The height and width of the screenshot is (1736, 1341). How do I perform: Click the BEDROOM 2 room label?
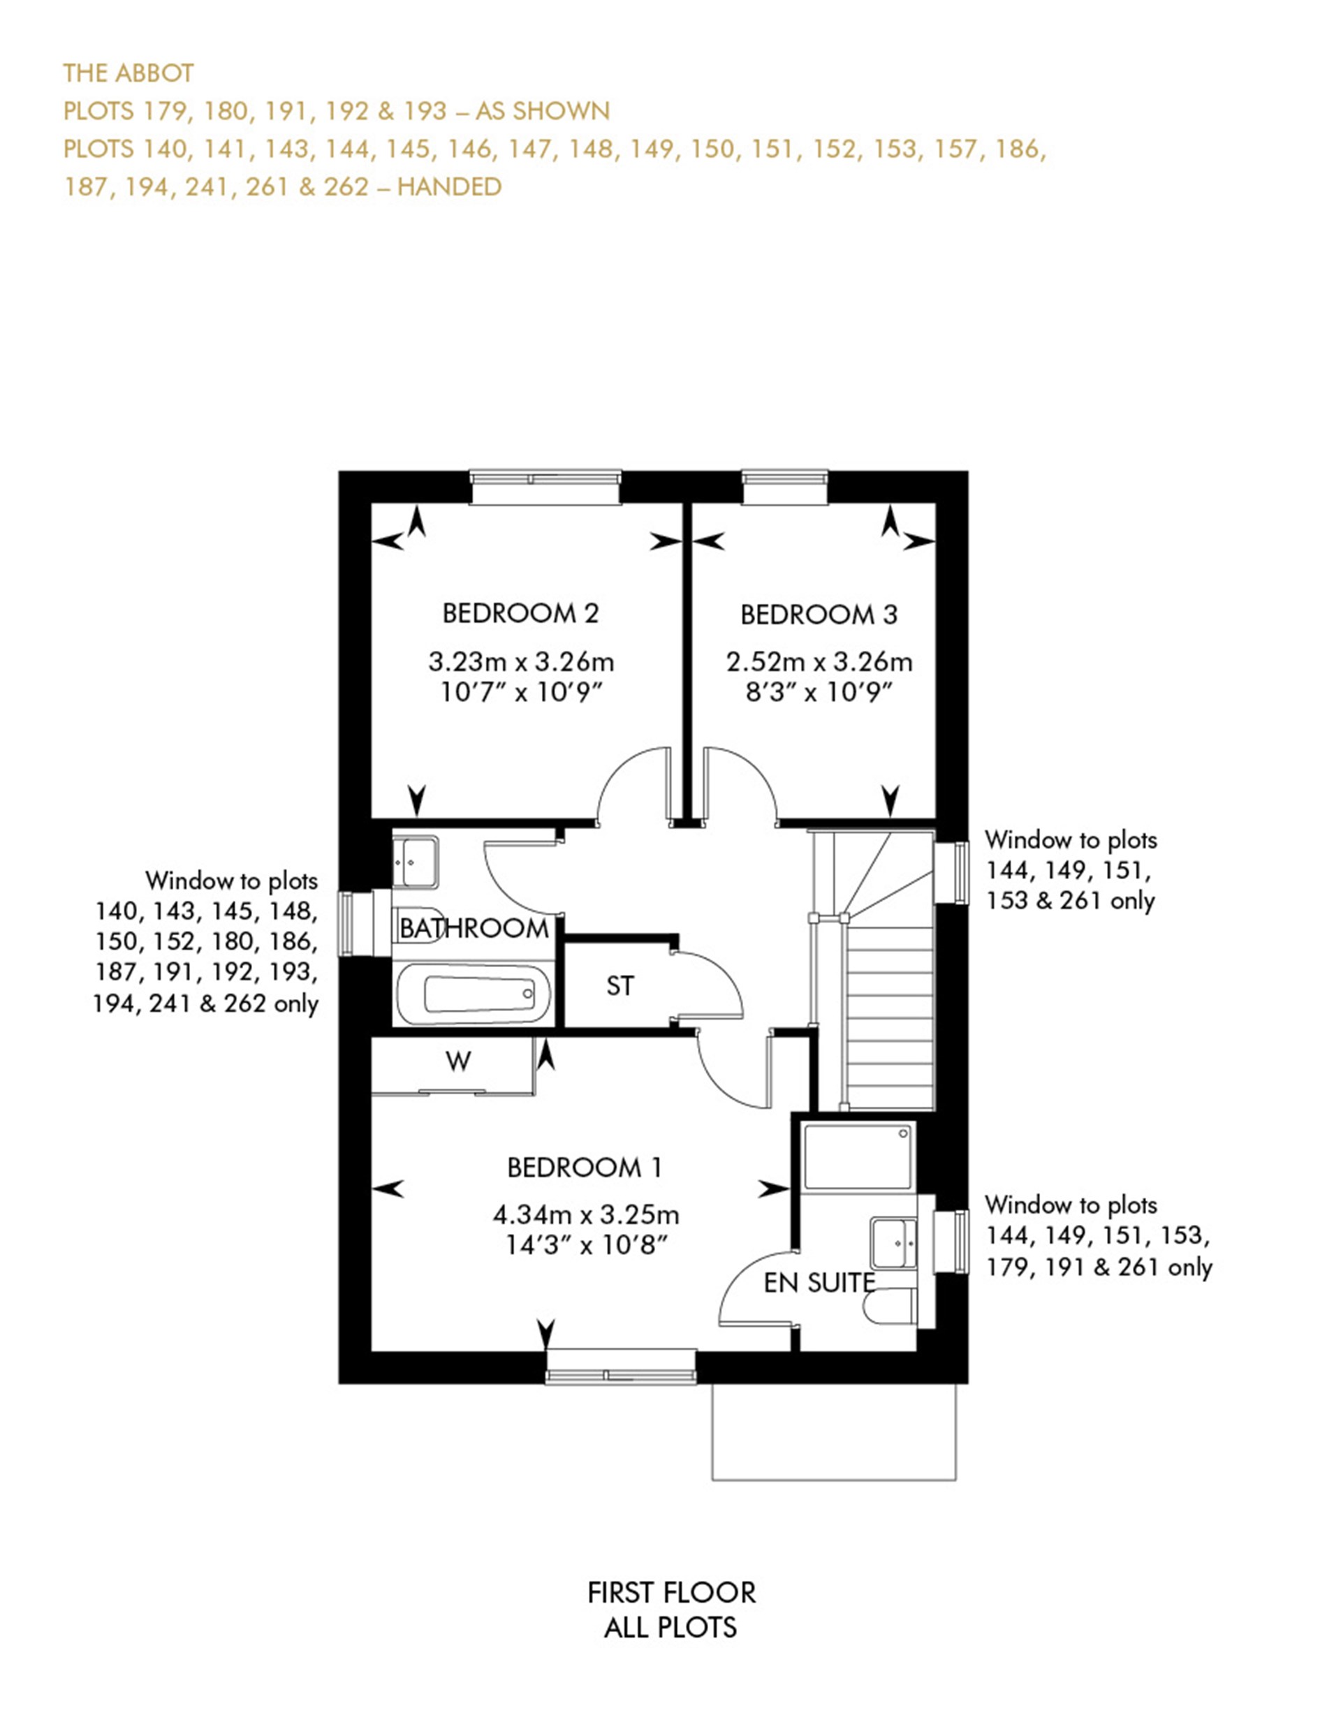pos(520,613)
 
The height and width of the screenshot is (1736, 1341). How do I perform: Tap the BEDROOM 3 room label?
pos(819,615)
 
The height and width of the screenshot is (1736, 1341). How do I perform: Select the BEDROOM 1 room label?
pos(585,1168)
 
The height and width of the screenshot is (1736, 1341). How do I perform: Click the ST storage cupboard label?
pos(620,987)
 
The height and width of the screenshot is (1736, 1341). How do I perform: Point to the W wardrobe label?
pos(458,1061)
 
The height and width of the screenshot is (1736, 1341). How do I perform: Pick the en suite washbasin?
pos(895,1242)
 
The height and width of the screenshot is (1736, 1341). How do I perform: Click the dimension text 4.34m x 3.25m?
pos(586,1214)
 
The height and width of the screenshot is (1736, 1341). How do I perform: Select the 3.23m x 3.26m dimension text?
pos(520,661)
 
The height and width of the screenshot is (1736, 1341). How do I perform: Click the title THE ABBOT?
pos(128,73)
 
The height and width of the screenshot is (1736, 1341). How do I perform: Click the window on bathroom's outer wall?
pos(356,924)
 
